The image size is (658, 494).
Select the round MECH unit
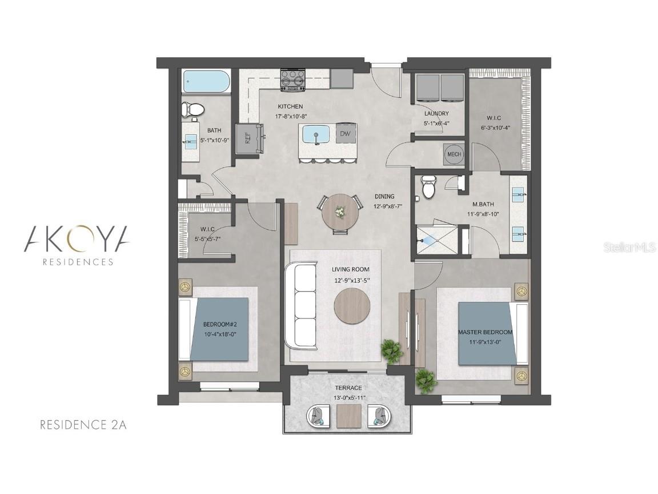click(454, 154)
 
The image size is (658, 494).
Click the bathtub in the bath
click(206, 82)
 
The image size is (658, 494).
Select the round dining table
click(340, 215)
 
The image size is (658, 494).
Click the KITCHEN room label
click(290, 106)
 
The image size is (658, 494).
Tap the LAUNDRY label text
click(436, 113)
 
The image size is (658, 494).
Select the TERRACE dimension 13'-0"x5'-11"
click(350, 397)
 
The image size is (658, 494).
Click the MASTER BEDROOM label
click(485, 332)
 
